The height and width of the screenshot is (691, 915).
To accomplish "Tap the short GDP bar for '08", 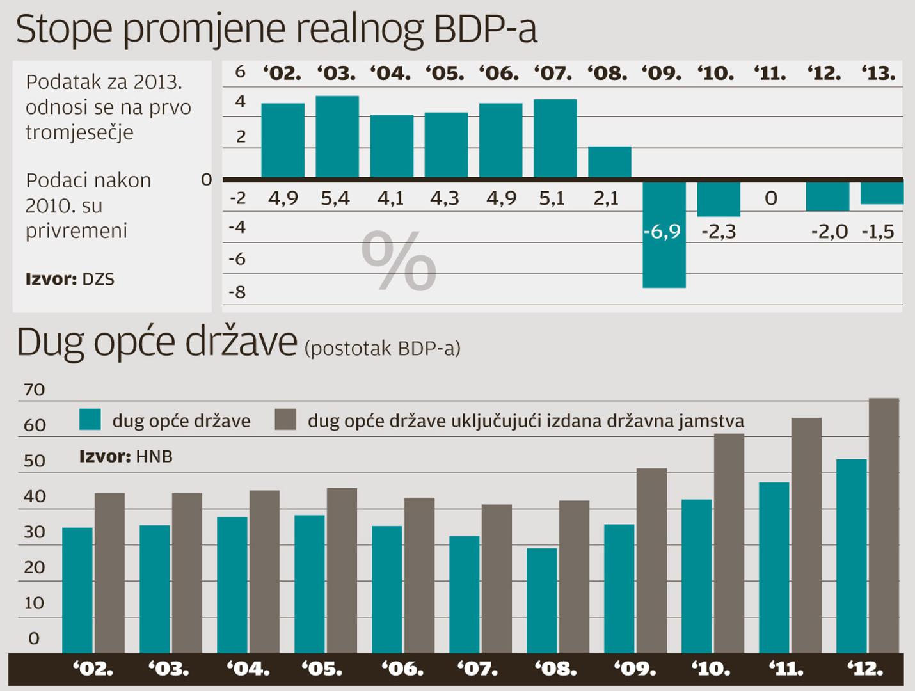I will click(610, 162).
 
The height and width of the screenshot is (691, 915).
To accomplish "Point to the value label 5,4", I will click(335, 199).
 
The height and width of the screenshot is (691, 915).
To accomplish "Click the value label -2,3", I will click(719, 232).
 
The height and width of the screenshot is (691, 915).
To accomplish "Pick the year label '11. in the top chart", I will click(770, 74).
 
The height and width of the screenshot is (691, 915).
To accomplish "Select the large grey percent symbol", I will click(399, 261).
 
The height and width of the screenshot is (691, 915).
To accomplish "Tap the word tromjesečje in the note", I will click(79, 132).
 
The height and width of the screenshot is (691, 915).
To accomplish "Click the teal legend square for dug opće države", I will click(90, 420).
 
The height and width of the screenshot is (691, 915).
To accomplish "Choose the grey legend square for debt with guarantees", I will click(285, 420).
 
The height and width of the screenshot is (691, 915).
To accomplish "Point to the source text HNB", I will click(154, 456).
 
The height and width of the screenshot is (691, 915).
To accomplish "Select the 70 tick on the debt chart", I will click(34, 390).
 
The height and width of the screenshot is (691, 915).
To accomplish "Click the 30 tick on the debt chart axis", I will click(34, 532).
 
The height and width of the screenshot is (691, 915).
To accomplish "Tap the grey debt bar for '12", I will click(884, 525).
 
